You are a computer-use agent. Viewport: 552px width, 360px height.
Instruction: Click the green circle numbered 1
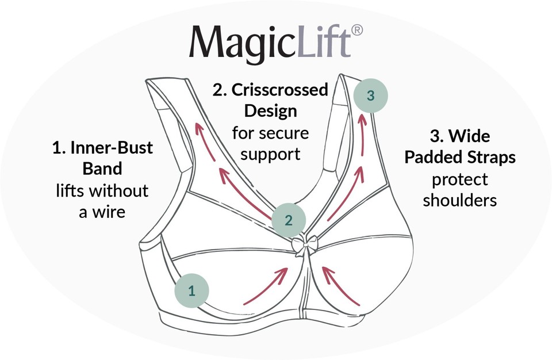191,290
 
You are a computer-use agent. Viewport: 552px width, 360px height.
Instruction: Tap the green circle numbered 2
289,219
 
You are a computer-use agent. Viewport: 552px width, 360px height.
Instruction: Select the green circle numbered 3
370,95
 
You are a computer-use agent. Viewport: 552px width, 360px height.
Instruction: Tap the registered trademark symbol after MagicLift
356,30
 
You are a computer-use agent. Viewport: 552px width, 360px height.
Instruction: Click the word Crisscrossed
279,90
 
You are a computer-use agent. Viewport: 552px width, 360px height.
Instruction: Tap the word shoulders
460,201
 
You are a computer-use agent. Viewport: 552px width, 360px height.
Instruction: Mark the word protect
459,180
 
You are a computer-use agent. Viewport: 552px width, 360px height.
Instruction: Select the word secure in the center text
286,133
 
